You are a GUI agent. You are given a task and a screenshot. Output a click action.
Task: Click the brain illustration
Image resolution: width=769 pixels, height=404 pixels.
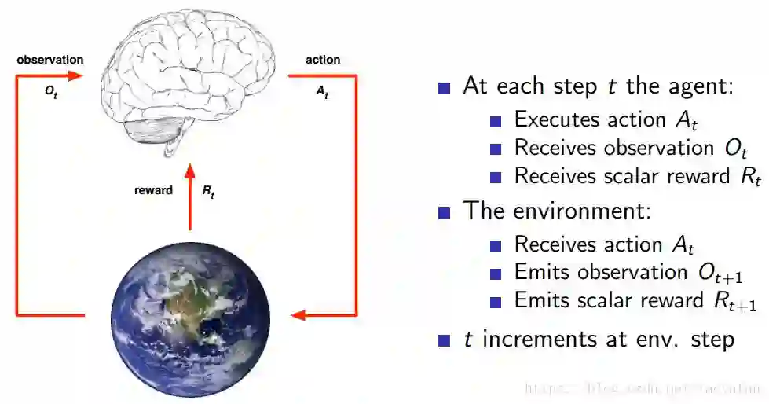tap(189, 75)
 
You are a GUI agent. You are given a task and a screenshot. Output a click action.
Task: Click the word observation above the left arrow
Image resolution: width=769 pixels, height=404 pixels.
tap(49, 60)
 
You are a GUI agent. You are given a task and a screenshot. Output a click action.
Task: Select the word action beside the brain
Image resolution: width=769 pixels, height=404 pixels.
tap(323, 60)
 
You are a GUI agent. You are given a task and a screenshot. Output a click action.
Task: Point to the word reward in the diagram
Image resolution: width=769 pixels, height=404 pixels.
tap(153, 190)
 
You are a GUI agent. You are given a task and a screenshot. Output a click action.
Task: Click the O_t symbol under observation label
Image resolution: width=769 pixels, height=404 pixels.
tap(51, 91)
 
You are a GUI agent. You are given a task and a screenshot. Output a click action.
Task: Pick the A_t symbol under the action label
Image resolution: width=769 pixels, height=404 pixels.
tap(322, 91)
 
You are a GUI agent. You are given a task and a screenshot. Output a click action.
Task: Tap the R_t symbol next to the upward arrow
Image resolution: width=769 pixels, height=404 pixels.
tap(208, 191)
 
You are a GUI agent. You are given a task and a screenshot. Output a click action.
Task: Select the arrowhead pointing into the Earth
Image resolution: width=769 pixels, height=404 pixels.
tap(298, 316)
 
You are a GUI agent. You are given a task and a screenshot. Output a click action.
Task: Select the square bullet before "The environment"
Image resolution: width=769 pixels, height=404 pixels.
tap(445, 212)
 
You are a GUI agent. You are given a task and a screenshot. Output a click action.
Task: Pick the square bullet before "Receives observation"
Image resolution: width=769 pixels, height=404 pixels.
tap(495, 149)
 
